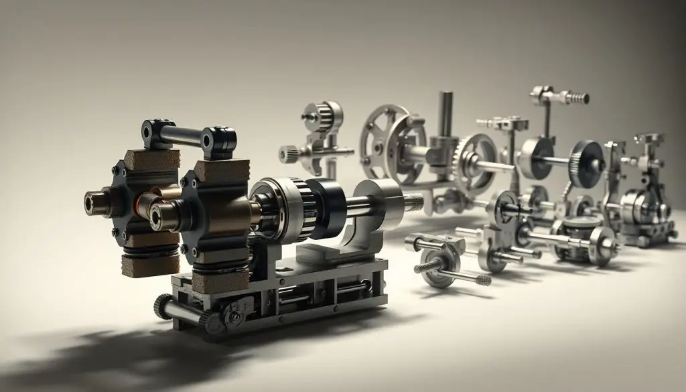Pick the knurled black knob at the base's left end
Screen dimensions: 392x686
[x=163, y=307]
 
